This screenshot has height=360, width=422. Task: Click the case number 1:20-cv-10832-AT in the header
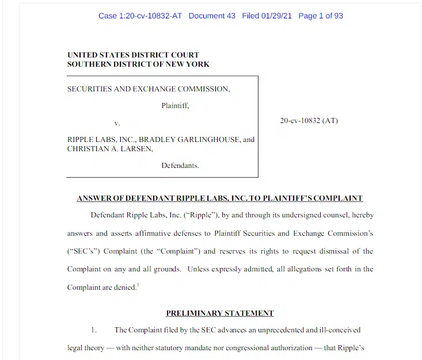pyautogui.click(x=140, y=16)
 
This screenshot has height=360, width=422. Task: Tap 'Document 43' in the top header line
pyautogui.click(x=212, y=16)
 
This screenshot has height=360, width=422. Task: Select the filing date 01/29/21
pyautogui.click(x=278, y=16)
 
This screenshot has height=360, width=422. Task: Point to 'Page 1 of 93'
pyautogui.click(x=321, y=16)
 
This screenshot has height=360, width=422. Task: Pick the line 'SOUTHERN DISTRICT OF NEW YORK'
pyautogui.click(x=138, y=64)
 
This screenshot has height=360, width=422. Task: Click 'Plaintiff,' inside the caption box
pyautogui.click(x=175, y=106)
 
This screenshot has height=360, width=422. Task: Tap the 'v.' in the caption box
pyautogui.click(x=117, y=123)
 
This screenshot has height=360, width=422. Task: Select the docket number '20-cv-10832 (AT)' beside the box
pyautogui.click(x=309, y=121)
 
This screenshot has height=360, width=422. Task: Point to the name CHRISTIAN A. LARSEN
pyautogui.click(x=110, y=148)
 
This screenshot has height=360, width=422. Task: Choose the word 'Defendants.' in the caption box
pyautogui.click(x=180, y=165)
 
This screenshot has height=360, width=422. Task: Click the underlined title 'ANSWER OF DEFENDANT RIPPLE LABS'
pyautogui.click(x=219, y=198)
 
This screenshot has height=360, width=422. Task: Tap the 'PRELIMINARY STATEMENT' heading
pyautogui.click(x=220, y=313)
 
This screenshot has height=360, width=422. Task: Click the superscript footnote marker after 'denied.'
pyautogui.click(x=138, y=284)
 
